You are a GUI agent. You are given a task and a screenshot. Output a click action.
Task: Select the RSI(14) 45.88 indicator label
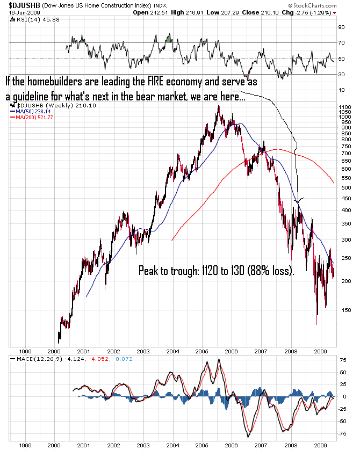pyautogui.click(x=32, y=20)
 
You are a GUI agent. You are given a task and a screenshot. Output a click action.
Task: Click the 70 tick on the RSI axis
pyautogui.click(x=341, y=42)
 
